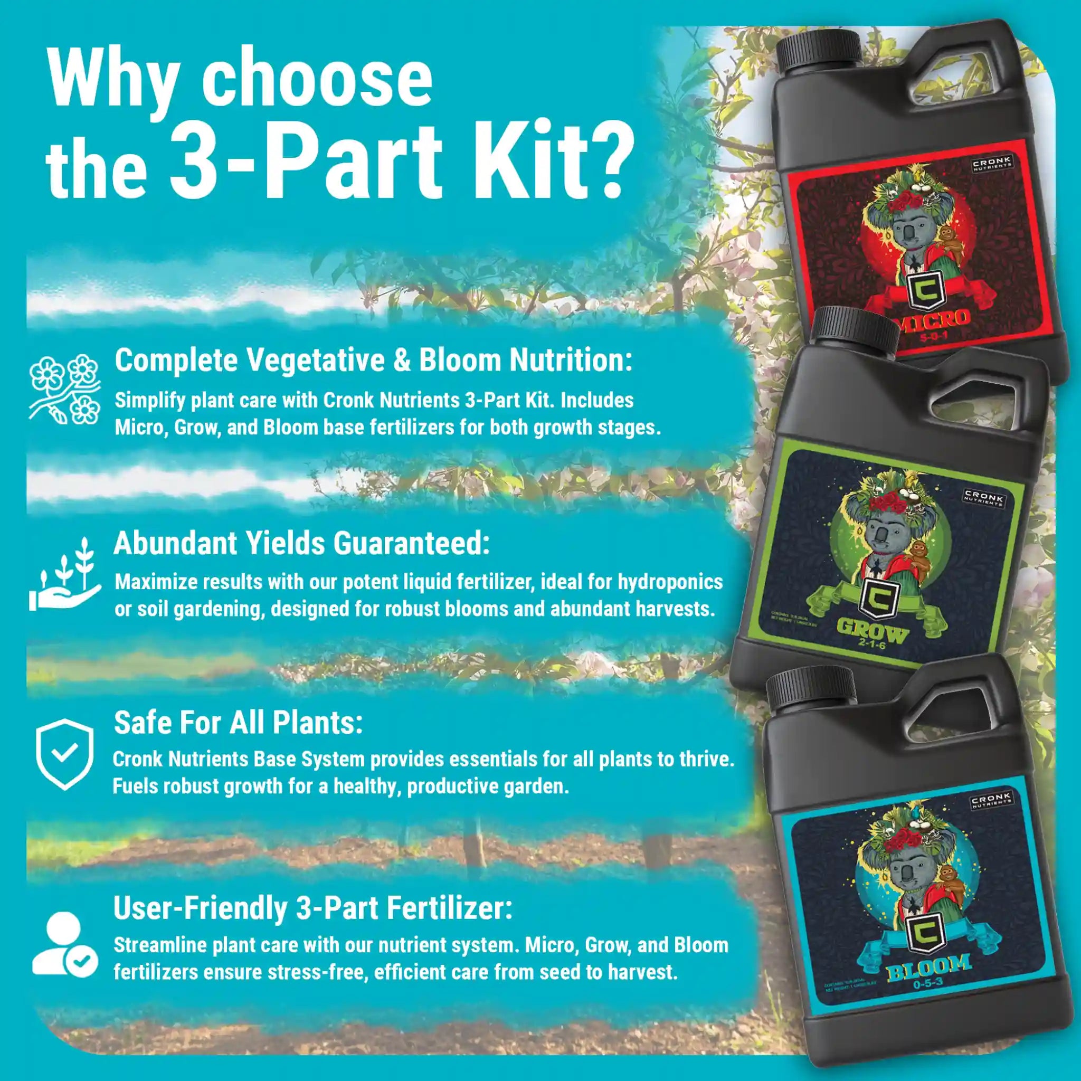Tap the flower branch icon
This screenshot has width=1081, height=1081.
(x=65, y=389)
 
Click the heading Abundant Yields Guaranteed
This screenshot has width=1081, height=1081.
(x=301, y=543)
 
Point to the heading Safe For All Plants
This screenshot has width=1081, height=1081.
(x=239, y=723)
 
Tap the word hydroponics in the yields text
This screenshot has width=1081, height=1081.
(x=670, y=582)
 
